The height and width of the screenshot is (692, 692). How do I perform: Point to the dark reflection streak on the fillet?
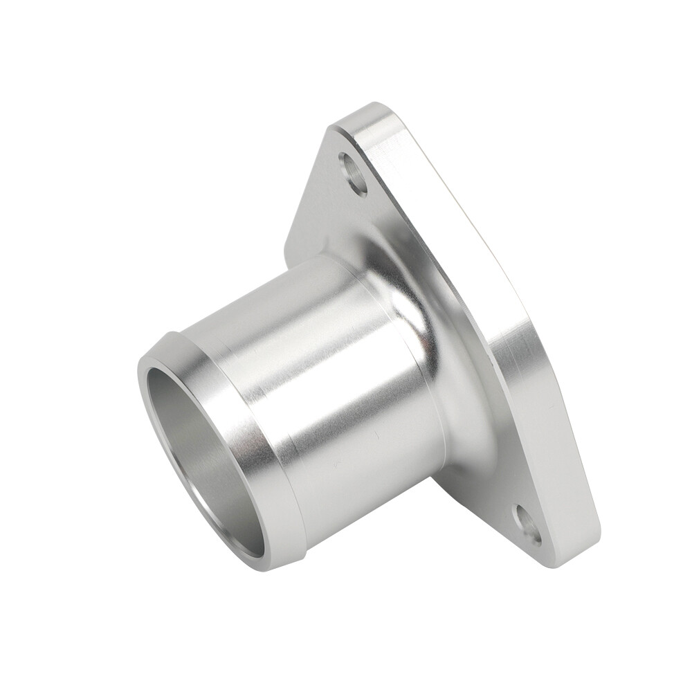pos(443,388)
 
